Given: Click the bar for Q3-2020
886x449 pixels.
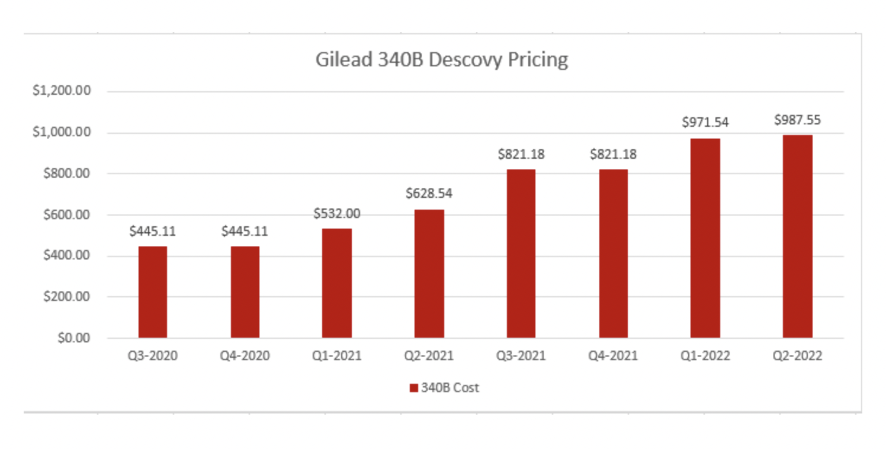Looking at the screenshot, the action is (153, 292).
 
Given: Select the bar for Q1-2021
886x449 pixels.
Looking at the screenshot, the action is (336, 283).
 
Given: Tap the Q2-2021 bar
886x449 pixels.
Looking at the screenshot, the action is (429, 274).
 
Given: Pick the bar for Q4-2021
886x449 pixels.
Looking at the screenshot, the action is (614, 254).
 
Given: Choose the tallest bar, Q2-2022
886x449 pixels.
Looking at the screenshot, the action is (797, 236).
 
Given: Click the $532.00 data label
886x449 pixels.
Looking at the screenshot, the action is (337, 214).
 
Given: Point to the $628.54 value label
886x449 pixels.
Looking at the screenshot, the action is (429, 194).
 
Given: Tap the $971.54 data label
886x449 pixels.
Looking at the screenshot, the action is (705, 122).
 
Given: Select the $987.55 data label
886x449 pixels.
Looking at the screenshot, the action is (797, 120).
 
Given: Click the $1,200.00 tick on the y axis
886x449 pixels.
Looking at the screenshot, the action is (62, 91).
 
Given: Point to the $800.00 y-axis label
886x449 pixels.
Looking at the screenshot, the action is (67, 174).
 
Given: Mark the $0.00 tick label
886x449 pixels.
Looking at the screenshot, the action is (74, 338).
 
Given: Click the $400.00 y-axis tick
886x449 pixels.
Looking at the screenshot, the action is (67, 255).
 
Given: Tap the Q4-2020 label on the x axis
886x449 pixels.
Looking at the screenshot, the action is (245, 355).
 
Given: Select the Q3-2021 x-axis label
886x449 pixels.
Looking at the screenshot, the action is (521, 355).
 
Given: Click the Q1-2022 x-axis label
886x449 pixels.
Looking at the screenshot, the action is (705, 355).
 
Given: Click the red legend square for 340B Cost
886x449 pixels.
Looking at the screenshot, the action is (414, 387).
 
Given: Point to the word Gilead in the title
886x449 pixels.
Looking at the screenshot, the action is (344, 60).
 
